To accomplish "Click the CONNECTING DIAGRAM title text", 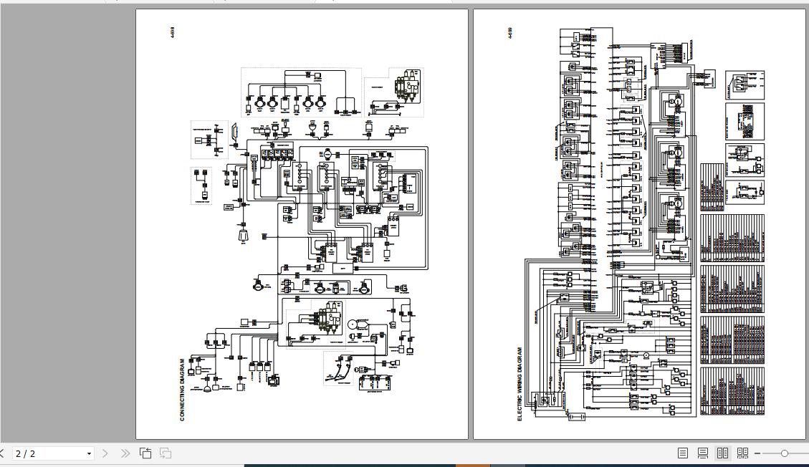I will coord(182,389).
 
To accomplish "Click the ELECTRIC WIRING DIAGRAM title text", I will coord(520,384).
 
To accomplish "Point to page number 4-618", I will coord(173,32).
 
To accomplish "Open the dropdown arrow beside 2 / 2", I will coord(89,453).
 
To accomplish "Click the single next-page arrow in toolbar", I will coord(105,453).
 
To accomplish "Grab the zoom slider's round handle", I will coord(785,453).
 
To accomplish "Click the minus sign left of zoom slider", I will coord(758,453).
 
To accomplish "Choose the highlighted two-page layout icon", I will coord(722,453).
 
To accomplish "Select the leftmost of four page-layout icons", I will coord(683,453).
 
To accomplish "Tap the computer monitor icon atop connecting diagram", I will coord(317,74).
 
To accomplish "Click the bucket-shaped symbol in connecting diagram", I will coord(243,236).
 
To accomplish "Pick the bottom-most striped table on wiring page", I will coord(732,390).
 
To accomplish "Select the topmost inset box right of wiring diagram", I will coord(745,85).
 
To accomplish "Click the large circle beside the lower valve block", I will coord(356,324).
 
